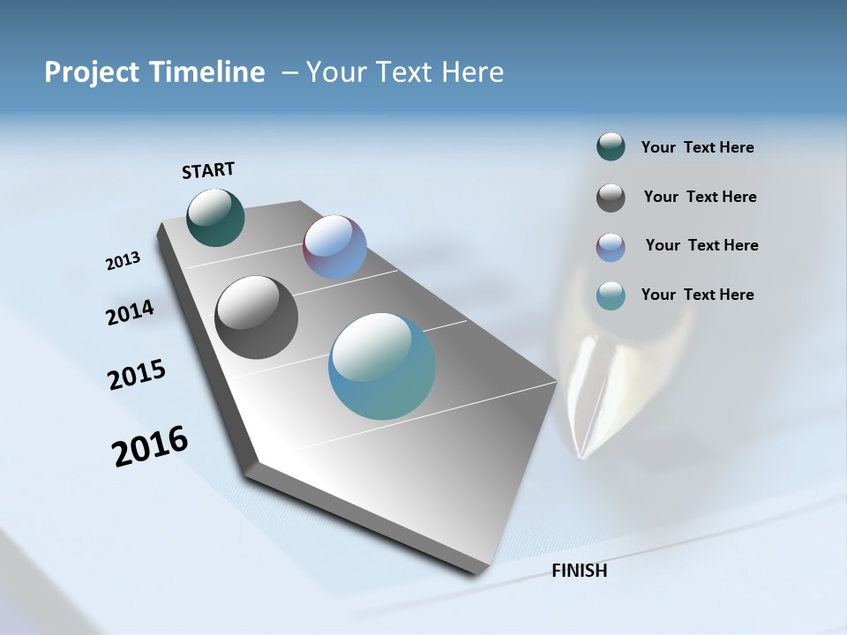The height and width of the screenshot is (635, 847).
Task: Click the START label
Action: (x=208, y=170)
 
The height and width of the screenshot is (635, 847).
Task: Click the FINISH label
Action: (x=580, y=571)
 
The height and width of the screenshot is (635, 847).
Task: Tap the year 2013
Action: (x=123, y=261)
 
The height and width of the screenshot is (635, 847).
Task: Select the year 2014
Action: (x=130, y=312)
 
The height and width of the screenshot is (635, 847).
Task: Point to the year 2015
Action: (x=137, y=375)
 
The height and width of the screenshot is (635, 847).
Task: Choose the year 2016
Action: (x=150, y=446)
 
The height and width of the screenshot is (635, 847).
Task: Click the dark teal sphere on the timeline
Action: (x=215, y=217)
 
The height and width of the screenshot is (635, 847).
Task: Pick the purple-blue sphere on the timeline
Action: (x=334, y=247)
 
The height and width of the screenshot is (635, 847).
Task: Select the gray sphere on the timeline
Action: (x=256, y=317)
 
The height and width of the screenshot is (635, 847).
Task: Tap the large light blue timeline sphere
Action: (x=382, y=366)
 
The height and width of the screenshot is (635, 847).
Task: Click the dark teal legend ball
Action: (x=611, y=147)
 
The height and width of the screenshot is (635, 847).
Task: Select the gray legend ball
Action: (x=611, y=198)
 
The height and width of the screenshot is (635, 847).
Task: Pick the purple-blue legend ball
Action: (x=611, y=247)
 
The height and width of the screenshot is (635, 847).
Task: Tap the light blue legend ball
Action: (x=611, y=295)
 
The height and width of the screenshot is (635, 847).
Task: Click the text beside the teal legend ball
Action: (x=697, y=147)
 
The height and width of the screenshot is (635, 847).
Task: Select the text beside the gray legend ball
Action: (x=700, y=197)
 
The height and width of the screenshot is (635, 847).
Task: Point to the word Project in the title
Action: (x=92, y=72)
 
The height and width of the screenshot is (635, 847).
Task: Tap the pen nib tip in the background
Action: (x=582, y=454)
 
